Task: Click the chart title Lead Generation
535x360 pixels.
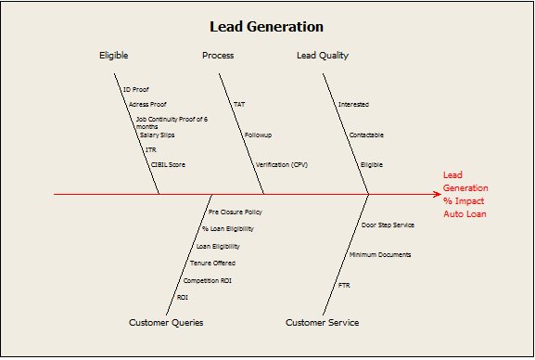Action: (x=266, y=26)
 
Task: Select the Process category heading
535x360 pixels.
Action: (x=218, y=56)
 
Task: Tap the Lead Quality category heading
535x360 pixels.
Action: (x=323, y=56)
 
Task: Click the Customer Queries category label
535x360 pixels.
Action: (x=166, y=323)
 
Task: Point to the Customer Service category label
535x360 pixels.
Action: (x=322, y=323)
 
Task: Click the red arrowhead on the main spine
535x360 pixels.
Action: (x=436, y=195)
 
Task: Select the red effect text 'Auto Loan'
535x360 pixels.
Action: (x=464, y=214)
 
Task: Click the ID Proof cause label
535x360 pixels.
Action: (x=135, y=90)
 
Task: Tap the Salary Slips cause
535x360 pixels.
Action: (x=157, y=135)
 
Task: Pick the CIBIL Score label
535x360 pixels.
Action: (x=168, y=164)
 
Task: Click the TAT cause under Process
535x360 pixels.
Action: (x=239, y=105)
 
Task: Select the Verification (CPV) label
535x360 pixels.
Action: (x=281, y=164)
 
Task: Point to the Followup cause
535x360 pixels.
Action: (x=258, y=135)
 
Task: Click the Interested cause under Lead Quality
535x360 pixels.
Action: (x=353, y=105)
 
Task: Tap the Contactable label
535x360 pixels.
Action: (x=366, y=135)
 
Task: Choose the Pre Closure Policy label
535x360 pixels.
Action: (x=235, y=212)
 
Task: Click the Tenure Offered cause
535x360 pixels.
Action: (x=212, y=263)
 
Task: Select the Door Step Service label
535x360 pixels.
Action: (x=388, y=225)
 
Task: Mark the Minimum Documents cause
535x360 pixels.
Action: (x=380, y=254)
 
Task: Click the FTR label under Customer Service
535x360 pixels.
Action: (x=344, y=284)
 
